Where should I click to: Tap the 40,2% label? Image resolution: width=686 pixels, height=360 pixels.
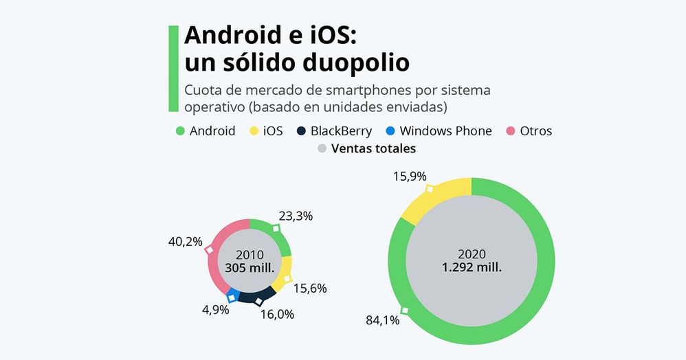pos(185,241)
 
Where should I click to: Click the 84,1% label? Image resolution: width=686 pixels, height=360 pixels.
pos(384,321)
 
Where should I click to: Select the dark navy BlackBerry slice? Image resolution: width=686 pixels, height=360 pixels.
pos(258,296)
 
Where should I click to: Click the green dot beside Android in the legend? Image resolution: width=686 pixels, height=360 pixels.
pos(180,131)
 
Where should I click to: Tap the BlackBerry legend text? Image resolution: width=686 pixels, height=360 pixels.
pos(341,131)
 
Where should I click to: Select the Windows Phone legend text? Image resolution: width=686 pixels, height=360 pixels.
pos(445,131)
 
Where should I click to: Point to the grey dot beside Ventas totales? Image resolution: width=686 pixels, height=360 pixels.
pos(322,148)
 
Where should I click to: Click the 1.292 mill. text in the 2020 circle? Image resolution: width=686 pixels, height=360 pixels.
pos(472,268)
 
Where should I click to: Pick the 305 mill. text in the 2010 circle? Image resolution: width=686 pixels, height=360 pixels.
pos(250,268)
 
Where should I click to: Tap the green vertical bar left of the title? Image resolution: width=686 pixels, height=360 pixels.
pos(173,69)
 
